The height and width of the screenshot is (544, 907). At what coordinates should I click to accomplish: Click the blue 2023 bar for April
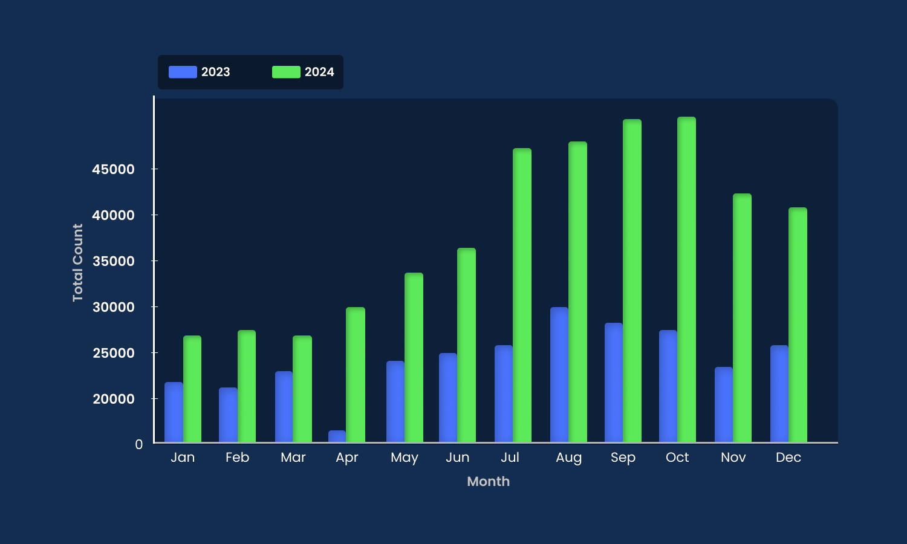click(x=337, y=436)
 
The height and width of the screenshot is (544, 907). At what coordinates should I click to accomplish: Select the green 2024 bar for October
click(x=686, y=279)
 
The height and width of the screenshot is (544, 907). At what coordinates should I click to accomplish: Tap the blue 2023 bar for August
click(x=559, y=375)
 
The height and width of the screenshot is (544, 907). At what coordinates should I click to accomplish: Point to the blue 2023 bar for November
click(x=724, y=404)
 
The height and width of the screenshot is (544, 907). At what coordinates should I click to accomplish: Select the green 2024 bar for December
click(x=798, y=325)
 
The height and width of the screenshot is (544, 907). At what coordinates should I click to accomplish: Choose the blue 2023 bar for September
click(x=614, y=383)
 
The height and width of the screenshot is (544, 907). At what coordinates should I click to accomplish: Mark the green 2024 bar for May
click(x=414, y=357)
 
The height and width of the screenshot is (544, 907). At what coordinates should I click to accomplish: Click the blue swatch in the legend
click(x=183, y=72)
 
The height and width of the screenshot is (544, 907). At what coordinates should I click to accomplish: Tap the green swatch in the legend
click(x=286, y=72)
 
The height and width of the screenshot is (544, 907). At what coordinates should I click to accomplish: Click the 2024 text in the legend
click(x=319, y=72)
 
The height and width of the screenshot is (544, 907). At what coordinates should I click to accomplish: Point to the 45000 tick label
click(x=113, y=169)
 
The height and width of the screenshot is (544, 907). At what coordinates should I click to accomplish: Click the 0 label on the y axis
click(x=139, y=444)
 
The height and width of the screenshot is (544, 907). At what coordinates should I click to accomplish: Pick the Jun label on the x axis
click(x=457, y=458)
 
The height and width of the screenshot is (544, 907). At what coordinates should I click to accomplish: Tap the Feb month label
click(x=237, y=458)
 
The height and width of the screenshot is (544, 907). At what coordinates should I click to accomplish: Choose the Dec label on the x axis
click(x=788, y=458)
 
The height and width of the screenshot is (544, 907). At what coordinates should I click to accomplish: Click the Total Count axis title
click(x=77, y=262)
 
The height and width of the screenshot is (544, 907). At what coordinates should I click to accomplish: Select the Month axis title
click(x=488, y=482)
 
